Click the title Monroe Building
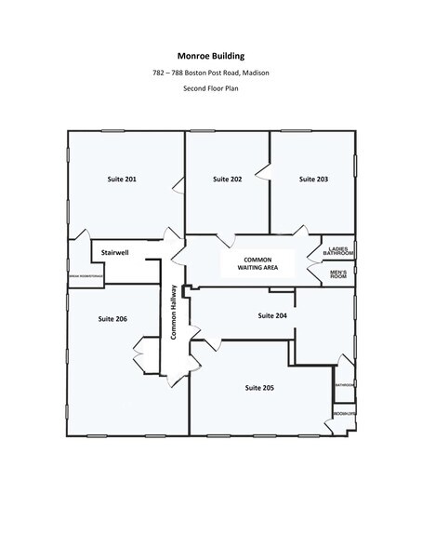point(210,55)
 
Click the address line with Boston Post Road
point(210,73)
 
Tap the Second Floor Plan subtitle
point(210,89)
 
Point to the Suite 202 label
point(227,178)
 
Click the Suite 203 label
point(312,178)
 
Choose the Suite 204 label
point(272,316)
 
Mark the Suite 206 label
point(112,319)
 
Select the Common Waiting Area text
point(256,263)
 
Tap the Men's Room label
point(339,274)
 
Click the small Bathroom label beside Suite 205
point(344,384)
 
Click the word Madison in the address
point(256,73)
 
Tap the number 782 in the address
point(161,73)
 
